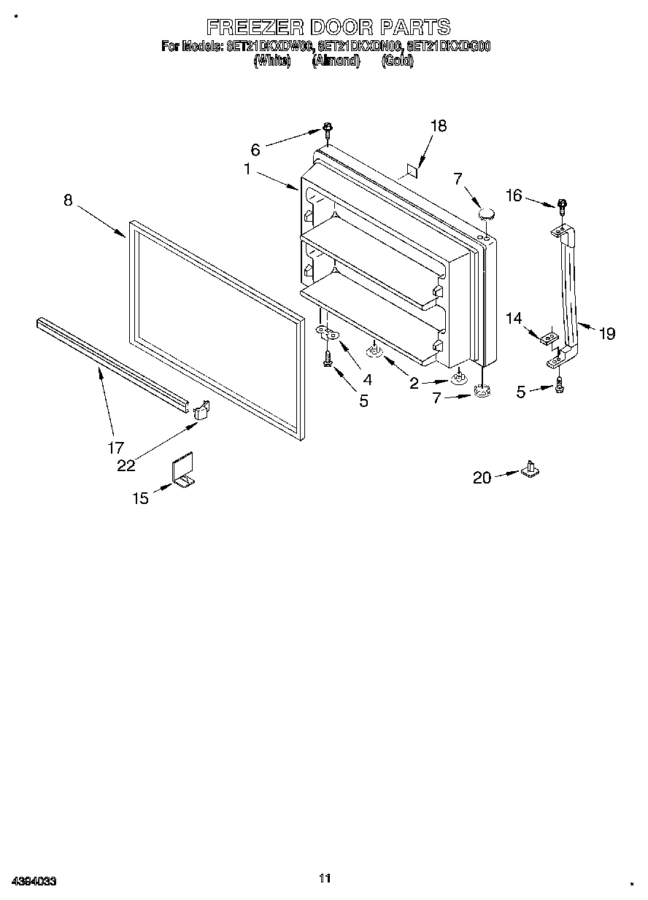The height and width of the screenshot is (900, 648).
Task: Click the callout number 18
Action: tap(437, 125)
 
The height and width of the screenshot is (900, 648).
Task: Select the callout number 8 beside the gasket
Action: tap(68, 200)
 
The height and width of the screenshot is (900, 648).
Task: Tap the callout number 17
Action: tap(115, 448)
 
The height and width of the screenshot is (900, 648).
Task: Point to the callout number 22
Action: tap(126, 465)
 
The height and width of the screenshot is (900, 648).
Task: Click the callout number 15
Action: tap(140, 498)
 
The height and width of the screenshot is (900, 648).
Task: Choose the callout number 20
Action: tap(482, 478)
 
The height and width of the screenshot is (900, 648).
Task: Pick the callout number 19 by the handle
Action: tap(606, 334)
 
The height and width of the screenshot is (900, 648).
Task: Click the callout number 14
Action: tap(514, 318)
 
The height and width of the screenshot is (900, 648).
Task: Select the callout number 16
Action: tap(514, 195)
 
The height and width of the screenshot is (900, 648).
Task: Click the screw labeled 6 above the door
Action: tap(328, 131)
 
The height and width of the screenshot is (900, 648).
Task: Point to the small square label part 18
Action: tap(412, 171)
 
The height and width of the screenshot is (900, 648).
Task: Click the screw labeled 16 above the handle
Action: tap(563, 206)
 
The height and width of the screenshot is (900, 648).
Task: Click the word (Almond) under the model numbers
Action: tap(336, 61)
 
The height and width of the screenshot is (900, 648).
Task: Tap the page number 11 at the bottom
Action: tap(325, 878)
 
